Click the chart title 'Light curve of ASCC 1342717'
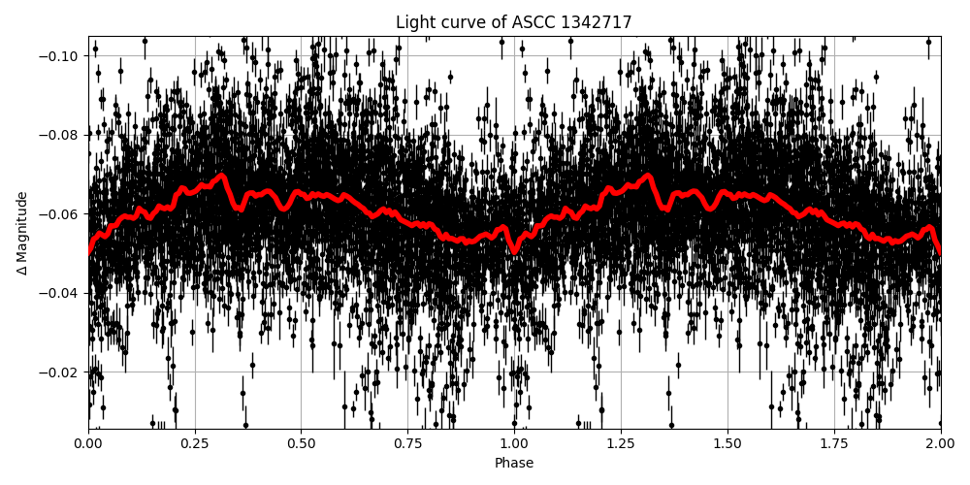click(514, 22)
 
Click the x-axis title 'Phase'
click(514, 464)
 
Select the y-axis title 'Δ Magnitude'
click(22, 233)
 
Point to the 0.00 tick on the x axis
click(88, 443)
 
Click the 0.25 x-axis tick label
click(195, 443)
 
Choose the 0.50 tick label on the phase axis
click(301, 443)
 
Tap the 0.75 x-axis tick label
click(407, 443)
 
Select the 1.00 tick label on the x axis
click(514, 443)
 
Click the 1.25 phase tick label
click(621, 443)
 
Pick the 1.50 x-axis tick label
click(727, 443)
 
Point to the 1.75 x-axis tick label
click(834, 443)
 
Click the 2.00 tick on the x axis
click(940, 443)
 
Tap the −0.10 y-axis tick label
click(61, 55)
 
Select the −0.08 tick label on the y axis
click(61, 135)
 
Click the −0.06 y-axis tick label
click(61, 213)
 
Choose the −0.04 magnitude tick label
click(61, 293)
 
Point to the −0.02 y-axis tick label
click(61, 372)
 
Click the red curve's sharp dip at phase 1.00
click(514, 251)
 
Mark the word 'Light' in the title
click(413, 22)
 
